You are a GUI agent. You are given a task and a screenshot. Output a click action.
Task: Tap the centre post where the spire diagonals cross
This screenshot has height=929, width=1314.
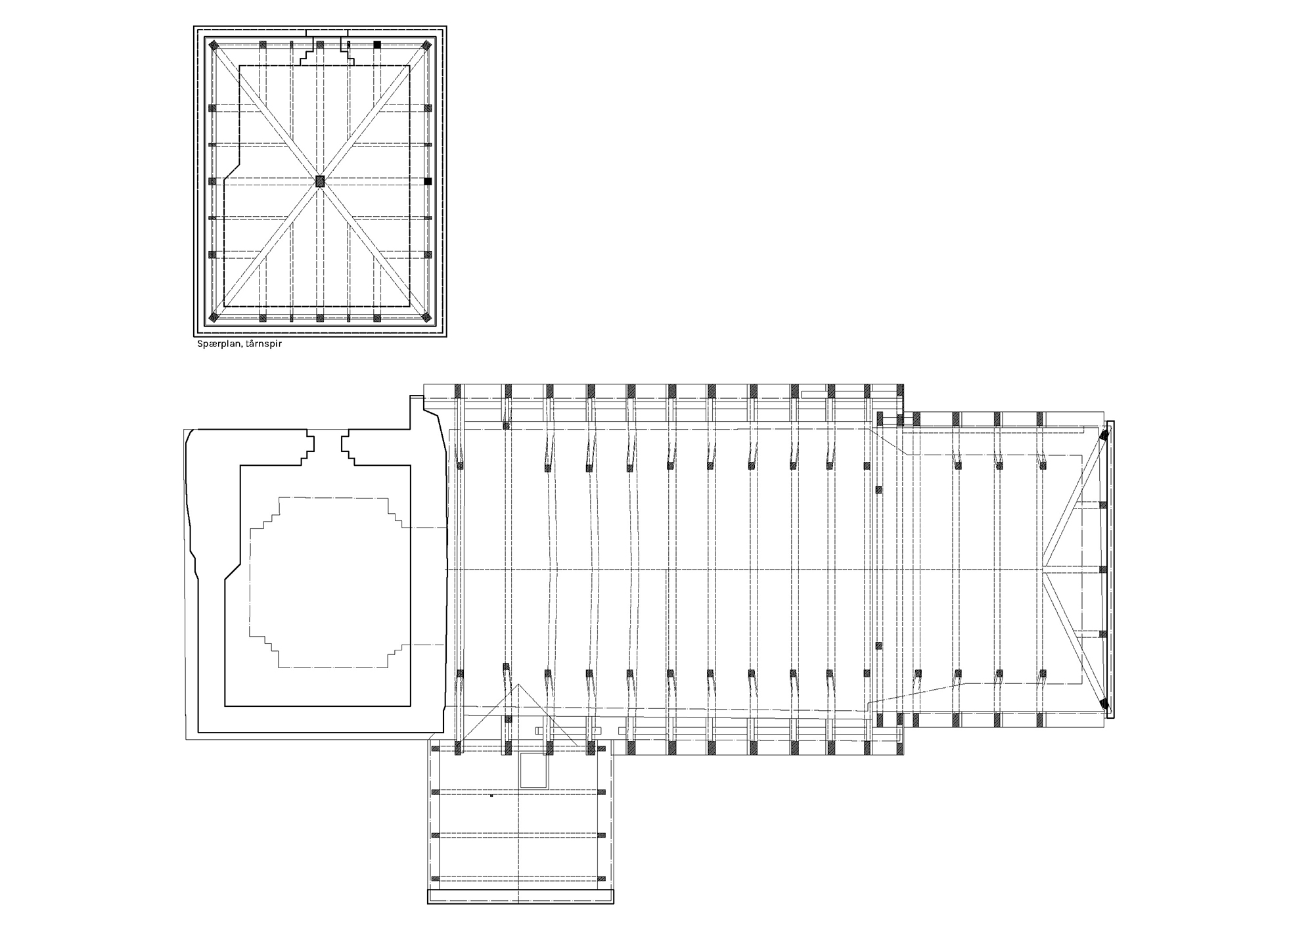coord(320,181)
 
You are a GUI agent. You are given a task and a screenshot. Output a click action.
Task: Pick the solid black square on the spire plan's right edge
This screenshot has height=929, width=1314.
coord(428,181)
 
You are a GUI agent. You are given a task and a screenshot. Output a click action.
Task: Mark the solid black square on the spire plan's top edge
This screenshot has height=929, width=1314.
coord(377,45)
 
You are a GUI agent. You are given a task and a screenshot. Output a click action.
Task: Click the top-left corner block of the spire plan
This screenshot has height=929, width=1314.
coord(214,45)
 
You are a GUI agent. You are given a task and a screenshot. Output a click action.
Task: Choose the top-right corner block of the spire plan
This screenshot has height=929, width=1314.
coord(426,45)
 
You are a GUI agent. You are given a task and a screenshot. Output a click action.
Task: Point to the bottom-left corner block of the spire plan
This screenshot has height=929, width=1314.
coord(214,318)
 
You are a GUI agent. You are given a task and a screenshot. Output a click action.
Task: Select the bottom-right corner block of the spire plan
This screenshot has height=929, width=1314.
coord(426,318)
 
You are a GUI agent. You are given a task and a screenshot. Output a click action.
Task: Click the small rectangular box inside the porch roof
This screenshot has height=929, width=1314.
coord(533,770)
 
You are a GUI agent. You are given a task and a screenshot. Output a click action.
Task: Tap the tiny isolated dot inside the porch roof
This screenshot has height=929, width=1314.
coord(491,796)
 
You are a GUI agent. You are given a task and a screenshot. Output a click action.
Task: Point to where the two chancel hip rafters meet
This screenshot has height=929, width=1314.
coord(1043,570)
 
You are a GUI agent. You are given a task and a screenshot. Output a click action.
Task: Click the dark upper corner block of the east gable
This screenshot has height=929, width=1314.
coord(1104,434)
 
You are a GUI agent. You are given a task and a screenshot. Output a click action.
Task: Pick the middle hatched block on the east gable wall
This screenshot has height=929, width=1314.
coord(1104,570)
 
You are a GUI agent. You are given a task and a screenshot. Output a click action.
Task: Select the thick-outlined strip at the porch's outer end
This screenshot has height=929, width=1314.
coord(520,897)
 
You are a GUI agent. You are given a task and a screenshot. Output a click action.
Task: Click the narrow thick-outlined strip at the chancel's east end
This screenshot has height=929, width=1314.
coord(1110,570)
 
